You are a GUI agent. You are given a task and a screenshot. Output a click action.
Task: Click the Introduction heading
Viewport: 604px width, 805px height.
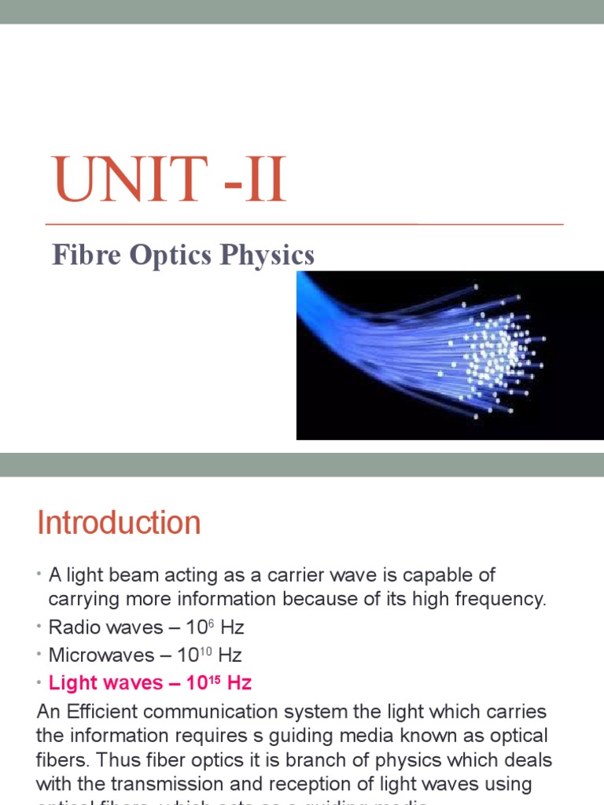click(119, 523)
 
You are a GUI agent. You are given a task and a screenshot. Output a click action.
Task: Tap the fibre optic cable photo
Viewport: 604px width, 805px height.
click(449, 355)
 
